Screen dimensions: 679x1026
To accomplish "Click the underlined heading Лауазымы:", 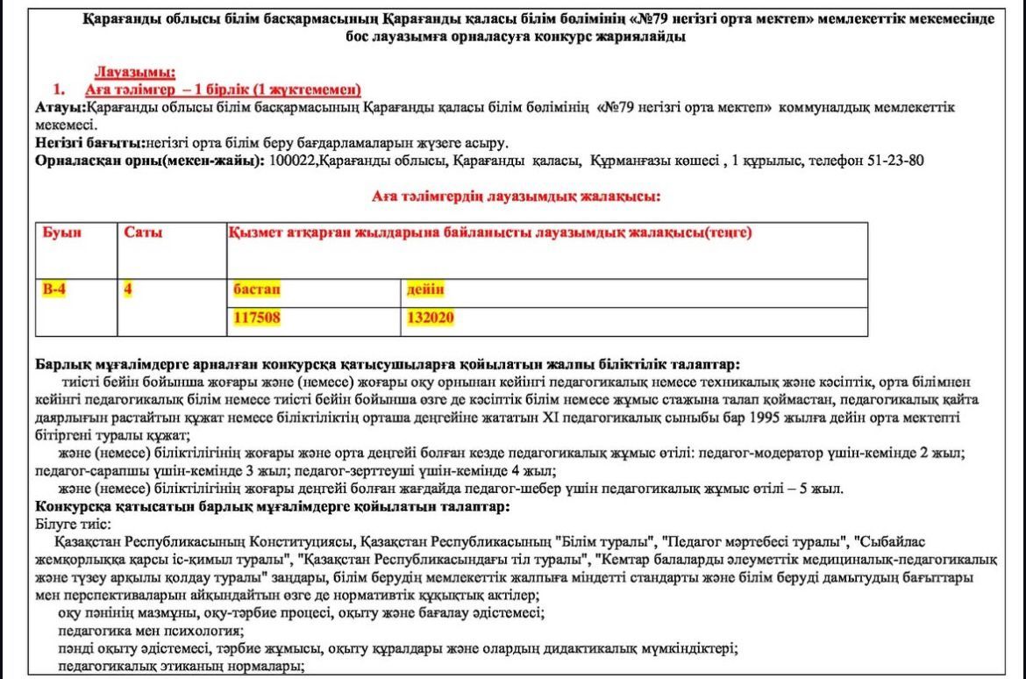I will click(134, 72).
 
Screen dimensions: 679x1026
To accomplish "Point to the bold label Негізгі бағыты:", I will click(90, 142).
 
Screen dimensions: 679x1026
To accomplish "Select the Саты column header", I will click(144, 233).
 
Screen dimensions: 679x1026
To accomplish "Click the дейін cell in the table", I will click(425, 289).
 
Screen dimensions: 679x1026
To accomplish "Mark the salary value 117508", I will click(257, 318).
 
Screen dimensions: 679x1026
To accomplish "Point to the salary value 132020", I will click(431, 318).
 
